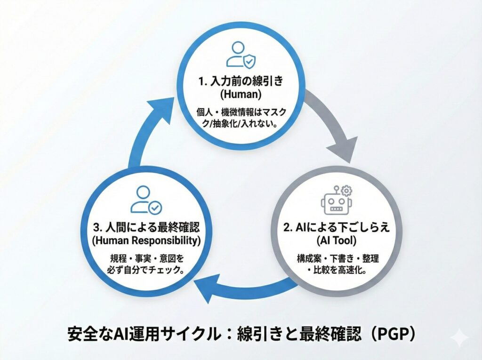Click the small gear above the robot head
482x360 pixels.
tap(347, 190)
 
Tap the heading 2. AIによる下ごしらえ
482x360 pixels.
tap(336, 228)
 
